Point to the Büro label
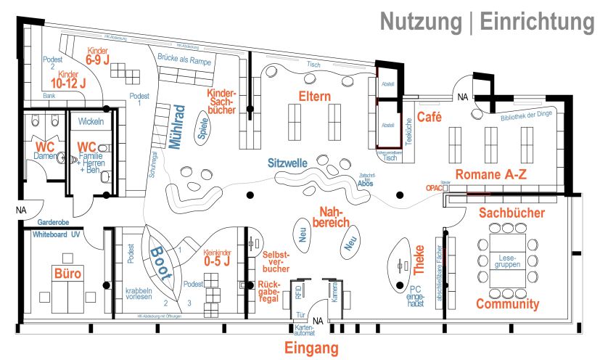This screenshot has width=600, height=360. click(x=67, y=274)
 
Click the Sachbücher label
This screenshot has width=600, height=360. click(x=512, y=213)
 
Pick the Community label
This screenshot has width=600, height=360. click(x=508, y=304)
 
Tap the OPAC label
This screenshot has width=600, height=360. click(x=434, y=187)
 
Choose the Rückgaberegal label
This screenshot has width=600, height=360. click(x=269, y=290)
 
